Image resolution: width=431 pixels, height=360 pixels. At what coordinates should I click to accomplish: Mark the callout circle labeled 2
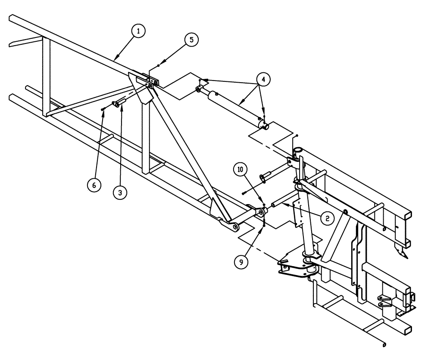click(x=327, y=218)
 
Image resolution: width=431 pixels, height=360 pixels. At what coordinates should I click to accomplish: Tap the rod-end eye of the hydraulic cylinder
click(x=199, y=89)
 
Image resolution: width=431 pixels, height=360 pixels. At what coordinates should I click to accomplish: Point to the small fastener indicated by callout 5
click(x=159, y=65)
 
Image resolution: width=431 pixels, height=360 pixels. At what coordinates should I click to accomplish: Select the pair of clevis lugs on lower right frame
click(x=385, y=301)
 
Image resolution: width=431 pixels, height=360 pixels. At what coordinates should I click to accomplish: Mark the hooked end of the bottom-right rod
click(x=384, y=344)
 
